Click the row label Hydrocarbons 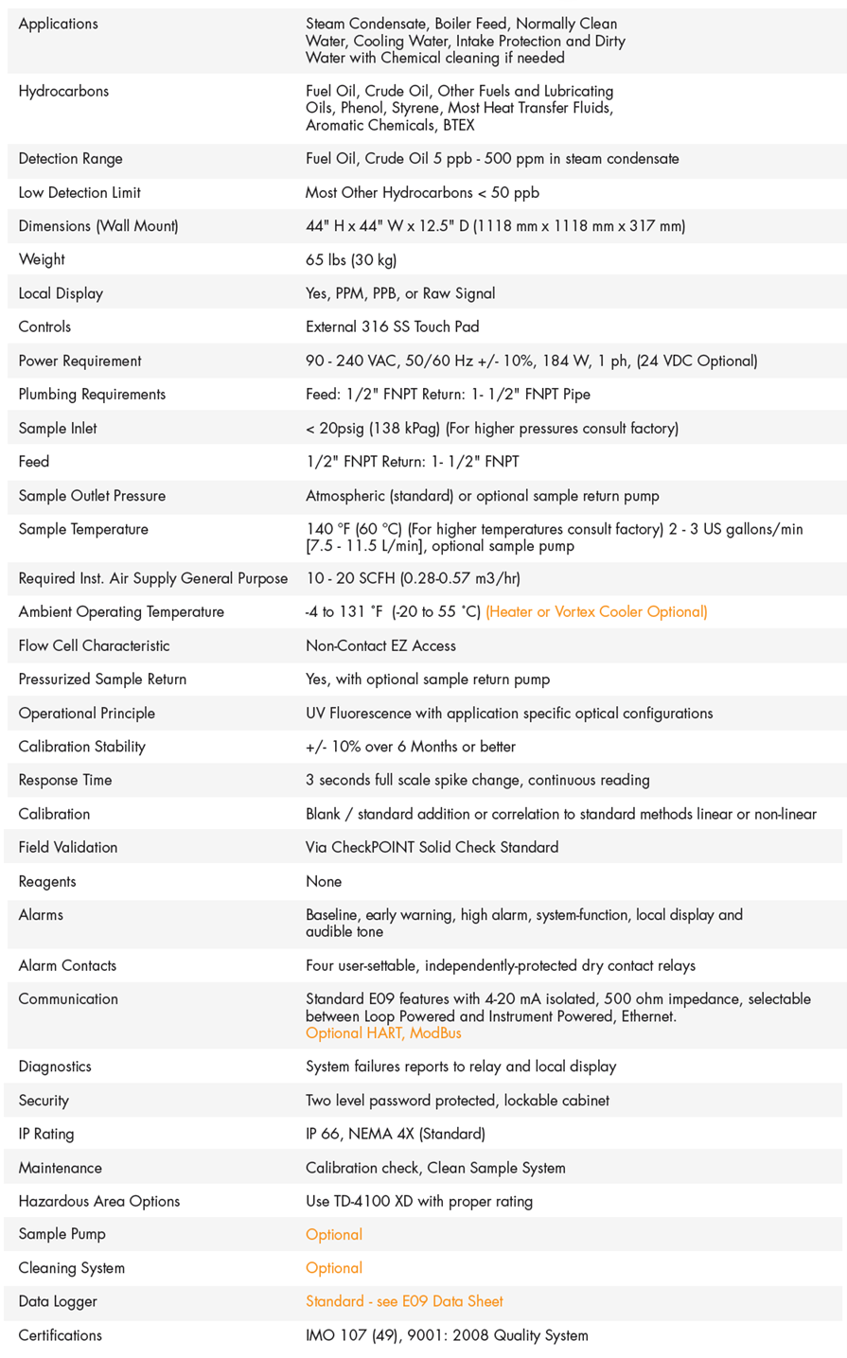coord(63,91)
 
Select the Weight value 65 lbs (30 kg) coord(351,259)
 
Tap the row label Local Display coord(61,293)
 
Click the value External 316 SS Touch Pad coord(392,326)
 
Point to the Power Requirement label coord(79,361)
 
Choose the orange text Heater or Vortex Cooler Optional coord(596,611)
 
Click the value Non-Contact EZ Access coord(380,645)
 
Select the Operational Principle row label coord(86,713)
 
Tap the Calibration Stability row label coord(81,747)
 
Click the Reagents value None coord(324,881)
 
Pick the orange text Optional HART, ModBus coord(383,1032)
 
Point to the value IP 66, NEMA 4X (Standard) coord(395,1134)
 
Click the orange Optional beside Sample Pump coord(334,1234)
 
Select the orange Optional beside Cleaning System coord(334,1268)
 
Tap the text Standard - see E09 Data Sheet coord(404,1301)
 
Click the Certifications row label coord(60,1335)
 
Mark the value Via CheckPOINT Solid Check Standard coord(432,847)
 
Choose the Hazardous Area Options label coord(98,1201)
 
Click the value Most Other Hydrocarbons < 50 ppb coord(422,192)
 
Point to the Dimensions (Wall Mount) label coord(98,225)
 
